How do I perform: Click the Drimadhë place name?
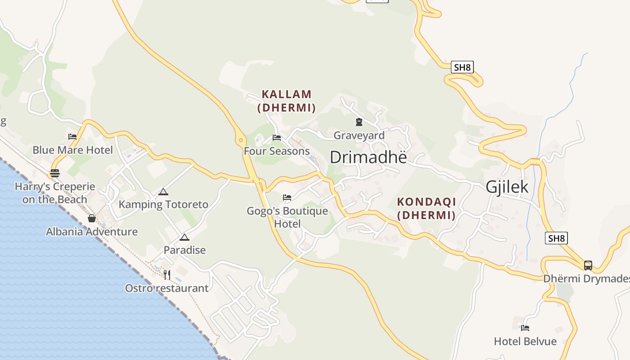(368, 157)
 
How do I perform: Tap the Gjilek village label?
(507, 187)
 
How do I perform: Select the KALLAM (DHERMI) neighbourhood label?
(287, 101)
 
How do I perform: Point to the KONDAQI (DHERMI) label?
(426, 208)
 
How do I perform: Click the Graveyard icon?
(359, 122)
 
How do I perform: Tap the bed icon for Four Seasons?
(277, 137)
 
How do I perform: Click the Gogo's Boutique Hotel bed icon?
(287, 197)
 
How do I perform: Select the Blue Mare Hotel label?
(72, 150)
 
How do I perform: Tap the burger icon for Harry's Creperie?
(55, 173)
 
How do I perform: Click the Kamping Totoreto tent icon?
(163, 192)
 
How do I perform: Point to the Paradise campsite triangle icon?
(184, 237)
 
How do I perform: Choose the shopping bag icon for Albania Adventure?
(92, 218)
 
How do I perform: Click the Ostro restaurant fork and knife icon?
(166, 274)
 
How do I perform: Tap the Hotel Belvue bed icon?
(525, 328)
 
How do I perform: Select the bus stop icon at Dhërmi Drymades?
(588, 265)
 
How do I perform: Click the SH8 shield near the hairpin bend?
(462, 67)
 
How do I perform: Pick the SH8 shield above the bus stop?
(556, 238)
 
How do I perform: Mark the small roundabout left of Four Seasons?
(241, 140)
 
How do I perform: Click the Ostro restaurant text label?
(166, 288)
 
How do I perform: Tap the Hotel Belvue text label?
(525, 341)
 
